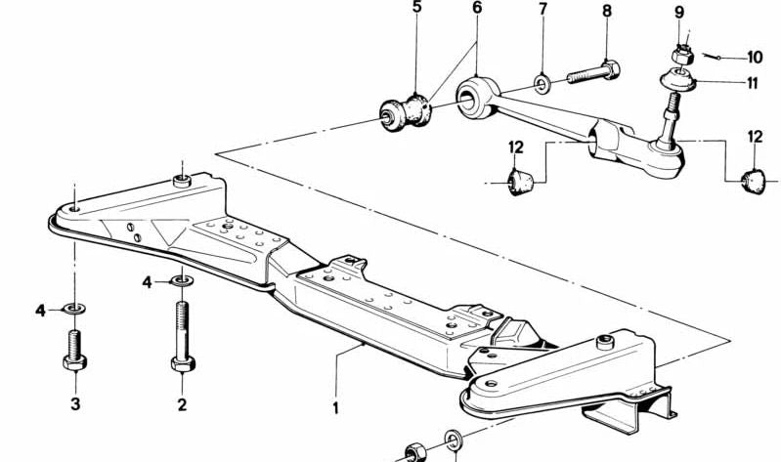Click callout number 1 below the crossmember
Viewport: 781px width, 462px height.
click(x=335, y=407)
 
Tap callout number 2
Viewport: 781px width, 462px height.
click(x=183, y=404)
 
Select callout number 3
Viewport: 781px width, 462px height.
click(x=75, y=403)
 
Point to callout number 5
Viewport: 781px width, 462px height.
click(x=417, y=7)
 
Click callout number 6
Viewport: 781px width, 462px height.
click(x=477, y=8)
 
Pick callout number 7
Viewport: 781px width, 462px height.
click(x=542, y=9)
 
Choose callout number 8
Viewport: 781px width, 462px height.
click(x=607, y=11)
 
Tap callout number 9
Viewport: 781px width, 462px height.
click(x=679, y=12)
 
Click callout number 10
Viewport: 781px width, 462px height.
click(x=755, y=58)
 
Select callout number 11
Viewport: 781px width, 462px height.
click(x=752, y=83)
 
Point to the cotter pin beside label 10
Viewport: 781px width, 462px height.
click(x=713, y=57)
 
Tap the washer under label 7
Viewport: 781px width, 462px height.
click(x=542, y=83)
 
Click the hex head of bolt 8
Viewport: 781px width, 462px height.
click(x=610, y=69)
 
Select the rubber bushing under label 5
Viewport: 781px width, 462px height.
click(x=406, y=112)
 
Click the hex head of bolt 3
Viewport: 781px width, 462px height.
click(x=74, y=362)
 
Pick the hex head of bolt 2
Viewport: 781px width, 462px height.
click(x=183, y=364)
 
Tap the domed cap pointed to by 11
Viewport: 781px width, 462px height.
click(x=677, y=80)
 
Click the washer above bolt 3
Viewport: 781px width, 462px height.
click(x=73, y=310)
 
